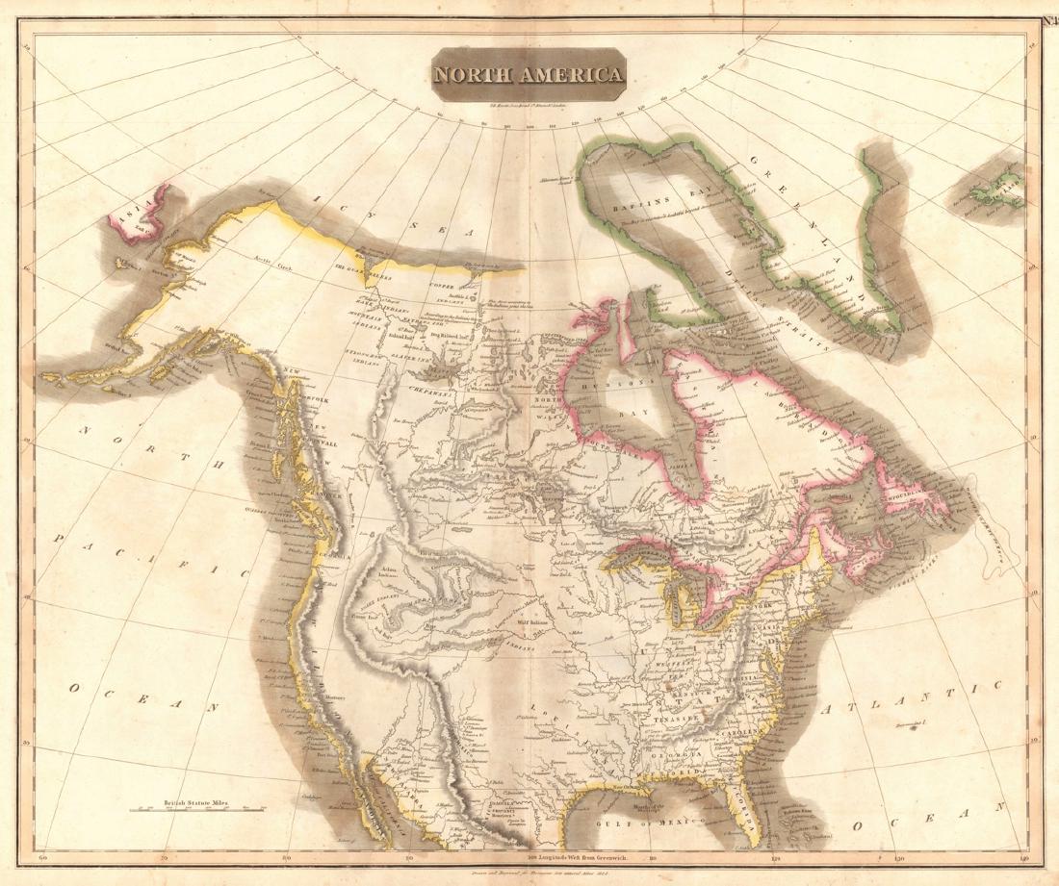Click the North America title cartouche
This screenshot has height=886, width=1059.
529,74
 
